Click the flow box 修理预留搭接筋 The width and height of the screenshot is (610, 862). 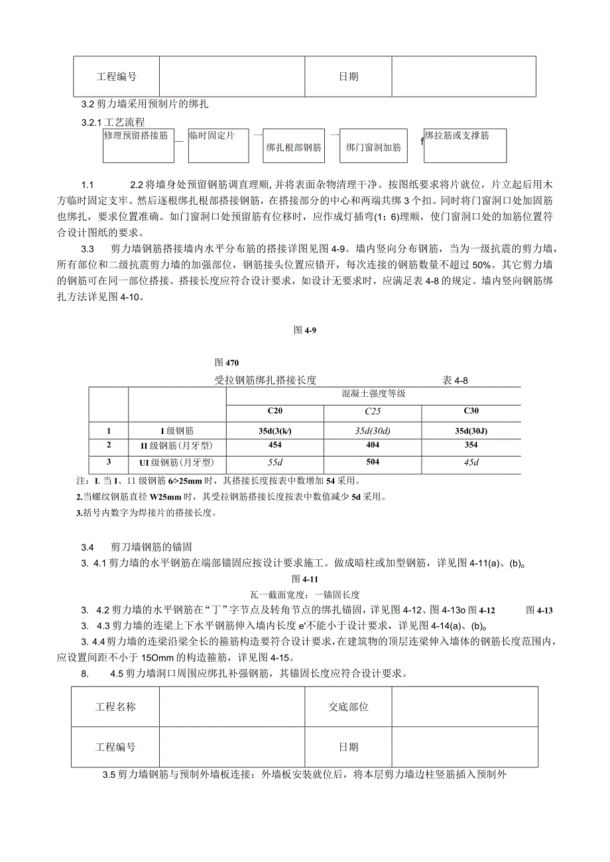click(x=139, y=146)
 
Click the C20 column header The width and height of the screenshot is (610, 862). click(x=274, y=411)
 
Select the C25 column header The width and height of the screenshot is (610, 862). click(x=373, y=411)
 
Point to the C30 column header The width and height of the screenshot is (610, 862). click(x=471, y=411)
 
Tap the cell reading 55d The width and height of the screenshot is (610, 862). click(x=274, y=462)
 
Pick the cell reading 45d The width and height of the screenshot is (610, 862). click(x=471, y=462)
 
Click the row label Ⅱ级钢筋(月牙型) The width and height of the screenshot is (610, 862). click(x=176, y=445)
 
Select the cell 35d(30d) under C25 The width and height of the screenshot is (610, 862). click(x=373, y=429)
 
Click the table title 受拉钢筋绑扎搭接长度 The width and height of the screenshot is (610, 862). click(x=265, y=380)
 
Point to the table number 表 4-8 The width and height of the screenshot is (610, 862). click(x=456, y=380)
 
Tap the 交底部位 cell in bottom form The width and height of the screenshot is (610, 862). click(x=348, y=706)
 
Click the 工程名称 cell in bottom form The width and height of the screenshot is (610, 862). click(x=115, y=706)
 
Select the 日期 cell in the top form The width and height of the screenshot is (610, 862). click(x=348, y=76)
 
